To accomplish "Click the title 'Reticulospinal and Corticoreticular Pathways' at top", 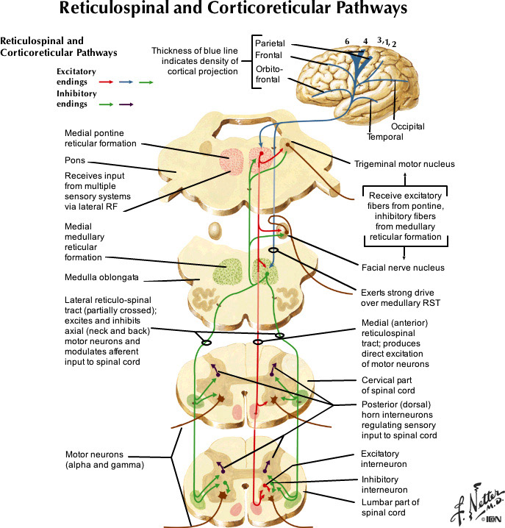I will (253, 11).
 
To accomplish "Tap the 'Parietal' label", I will (271, 43).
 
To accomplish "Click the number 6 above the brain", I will (345, 41).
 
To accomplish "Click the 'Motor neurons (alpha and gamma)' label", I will (103, 460).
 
